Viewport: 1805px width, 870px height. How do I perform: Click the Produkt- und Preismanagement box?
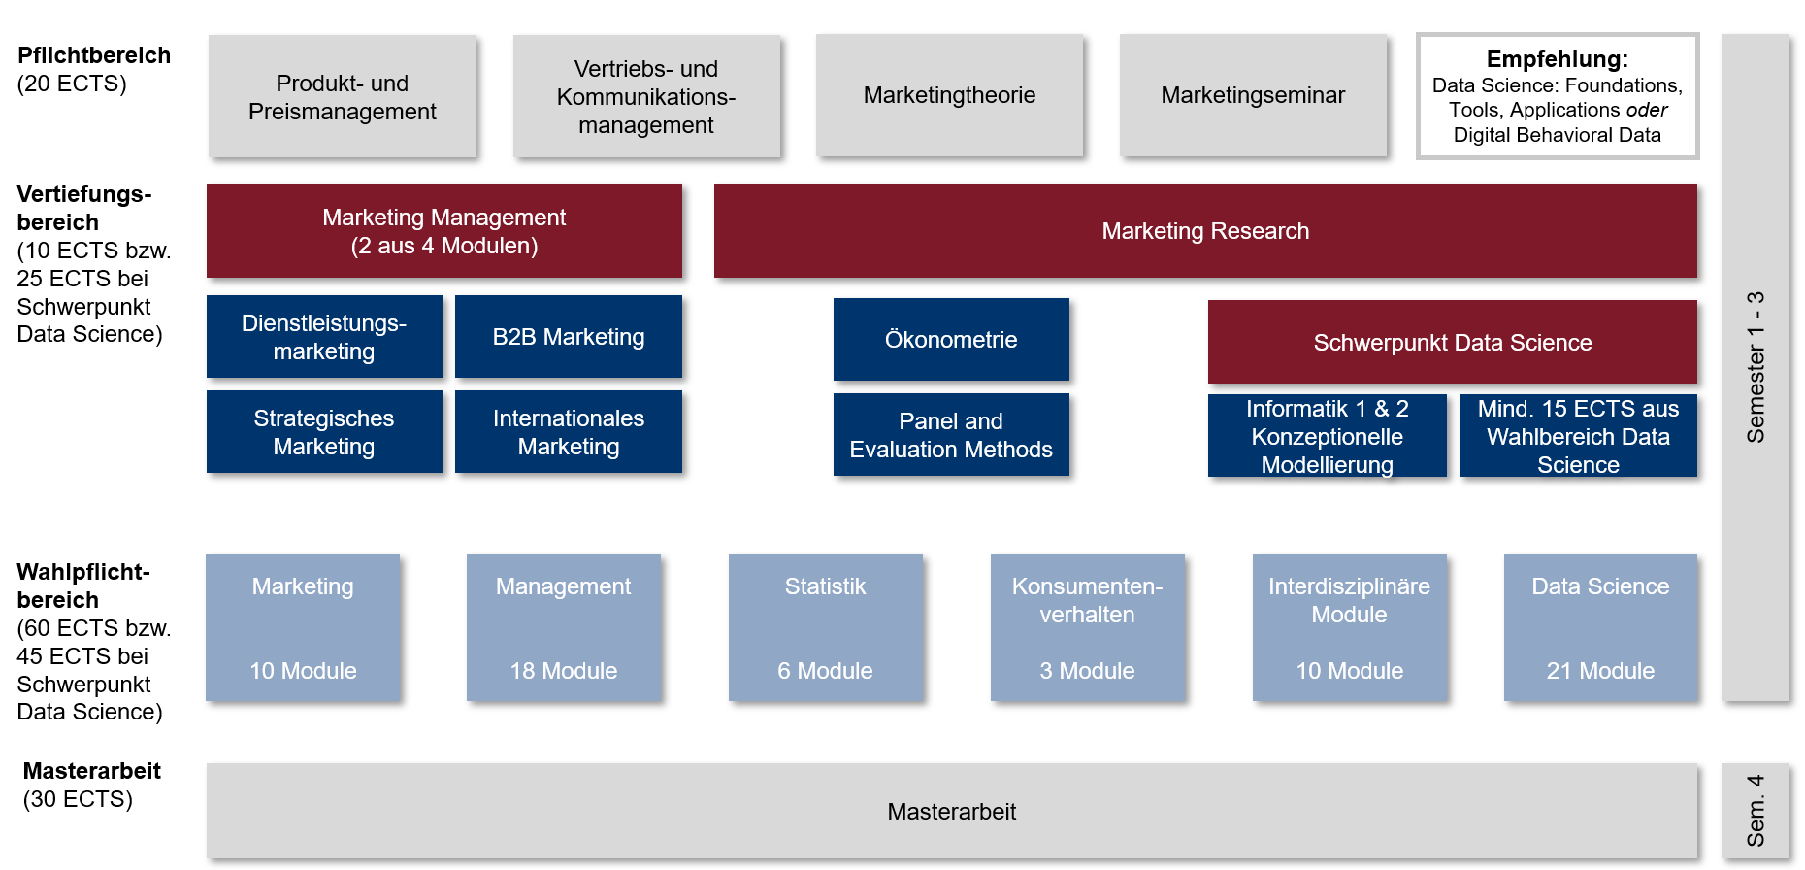coord(342,96)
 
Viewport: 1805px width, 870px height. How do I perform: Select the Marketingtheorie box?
coord(949,95)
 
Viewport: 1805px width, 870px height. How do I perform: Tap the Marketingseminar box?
coord(1253,95)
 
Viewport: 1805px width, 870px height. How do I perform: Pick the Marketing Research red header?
coord(1205,231)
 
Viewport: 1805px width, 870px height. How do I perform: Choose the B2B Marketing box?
coord(569,337)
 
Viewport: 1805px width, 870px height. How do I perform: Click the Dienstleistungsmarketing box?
coord(324,337)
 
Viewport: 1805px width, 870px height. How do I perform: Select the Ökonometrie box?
coord(951,340)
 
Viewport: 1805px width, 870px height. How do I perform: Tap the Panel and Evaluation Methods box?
coord(951,435)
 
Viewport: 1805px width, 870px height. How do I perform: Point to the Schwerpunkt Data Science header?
coord(1453,342)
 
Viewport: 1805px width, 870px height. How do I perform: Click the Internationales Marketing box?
coord(569,432)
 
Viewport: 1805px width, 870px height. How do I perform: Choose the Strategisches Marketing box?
coord(324,432)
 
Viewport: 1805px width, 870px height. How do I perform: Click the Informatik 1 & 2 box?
coord(1328,436)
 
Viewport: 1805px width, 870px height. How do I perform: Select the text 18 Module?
coord(564,671)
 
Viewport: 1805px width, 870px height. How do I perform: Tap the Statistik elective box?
coord(826,627)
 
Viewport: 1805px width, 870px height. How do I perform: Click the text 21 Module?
coord(1600,671)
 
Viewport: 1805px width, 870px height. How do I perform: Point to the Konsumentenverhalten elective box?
coord(1088,627)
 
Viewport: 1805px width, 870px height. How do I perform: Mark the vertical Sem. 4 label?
coord(1756,811)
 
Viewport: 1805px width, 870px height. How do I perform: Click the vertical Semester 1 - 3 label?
coord(1756,367)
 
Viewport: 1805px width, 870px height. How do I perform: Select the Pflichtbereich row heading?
coord(94,55)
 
